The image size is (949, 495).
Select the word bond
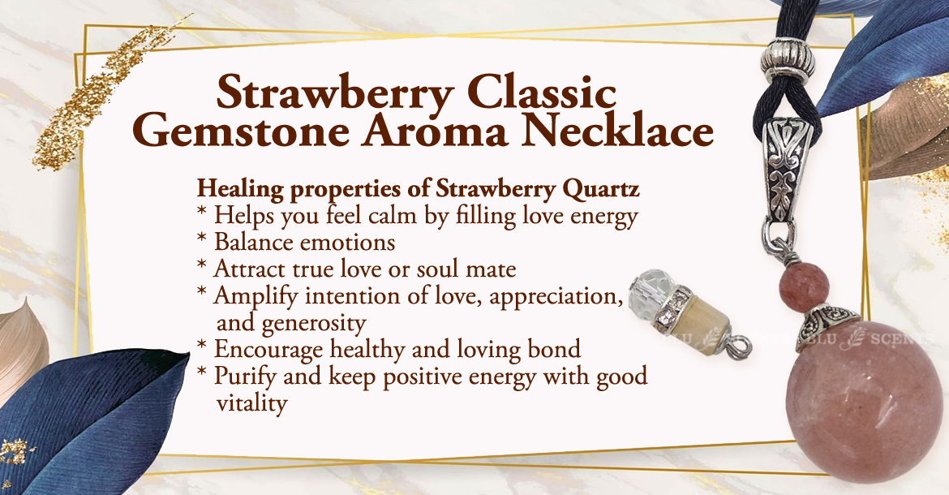tap(554, 349)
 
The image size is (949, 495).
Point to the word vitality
tap(251, 403)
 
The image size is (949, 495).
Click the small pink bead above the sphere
tap(804, 285)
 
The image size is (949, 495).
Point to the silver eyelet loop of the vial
tap(740, 348)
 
